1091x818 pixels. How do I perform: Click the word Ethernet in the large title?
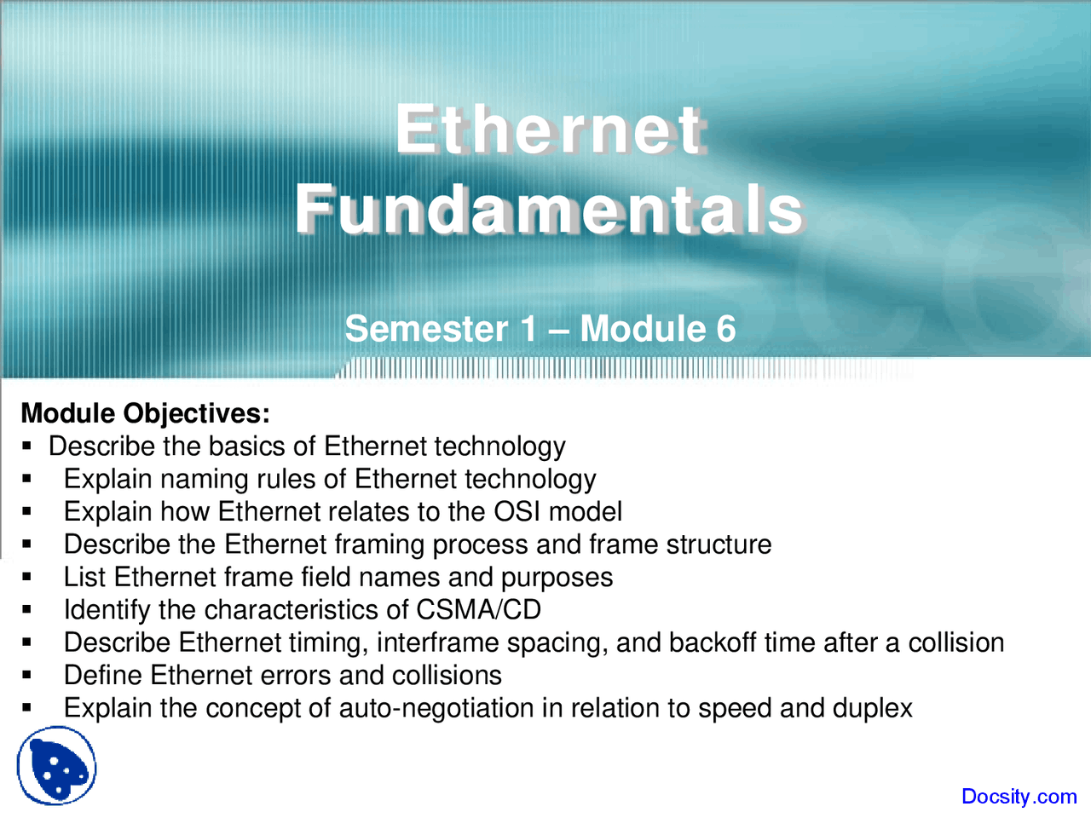click(551, 131)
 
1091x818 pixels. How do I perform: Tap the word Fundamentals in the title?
click(550, 210)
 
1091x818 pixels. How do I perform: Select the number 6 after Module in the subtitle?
click(725, 328)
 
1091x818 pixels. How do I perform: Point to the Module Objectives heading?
click(146, 413)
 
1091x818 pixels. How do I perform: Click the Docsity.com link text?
click(1019, 796)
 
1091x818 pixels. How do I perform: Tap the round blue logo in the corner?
click(56, 765)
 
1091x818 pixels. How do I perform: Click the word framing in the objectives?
click(378, 544)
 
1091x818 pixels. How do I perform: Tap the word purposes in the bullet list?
click(557, 578)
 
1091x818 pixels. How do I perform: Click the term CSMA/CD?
click(478, 609)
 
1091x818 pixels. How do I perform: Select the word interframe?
click(437, 642)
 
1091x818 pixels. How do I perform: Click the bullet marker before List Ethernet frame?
click(26, 577)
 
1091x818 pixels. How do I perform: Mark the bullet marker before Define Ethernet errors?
click(26, 676)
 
